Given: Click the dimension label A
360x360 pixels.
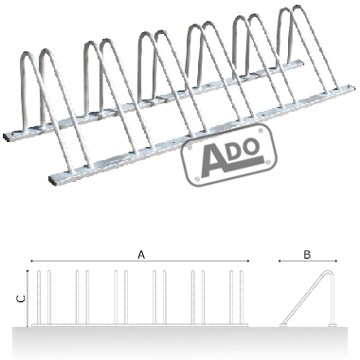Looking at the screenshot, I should click(x=142, y=254).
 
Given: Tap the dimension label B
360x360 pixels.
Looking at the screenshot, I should click(x=307, y=254).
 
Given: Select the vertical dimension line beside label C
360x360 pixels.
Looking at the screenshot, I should click(x=30, y=297).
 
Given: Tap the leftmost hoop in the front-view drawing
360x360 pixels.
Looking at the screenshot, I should click(x=45, y=298).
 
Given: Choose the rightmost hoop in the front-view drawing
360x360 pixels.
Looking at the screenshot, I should click(x=239, y=298).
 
